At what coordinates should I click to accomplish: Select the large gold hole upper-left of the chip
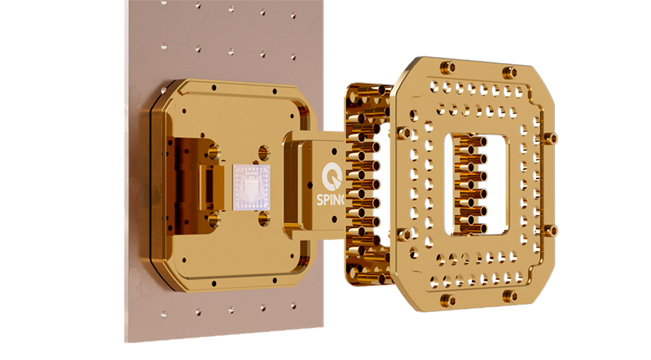pos(214,149)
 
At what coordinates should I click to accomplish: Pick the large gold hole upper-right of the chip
pos(264,151)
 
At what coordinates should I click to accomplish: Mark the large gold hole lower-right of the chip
pos(264,217)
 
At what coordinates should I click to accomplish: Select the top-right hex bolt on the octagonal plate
pos(512,72)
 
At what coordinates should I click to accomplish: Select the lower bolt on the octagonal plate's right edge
pos(551,231)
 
